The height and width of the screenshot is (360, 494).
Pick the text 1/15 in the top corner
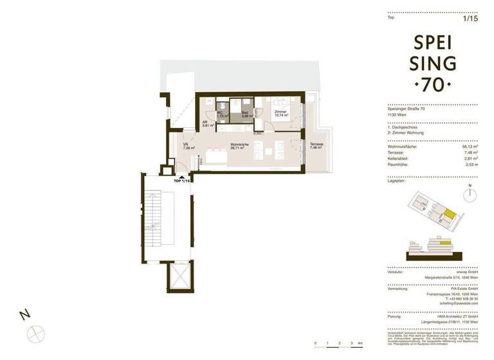coord(471,19)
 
